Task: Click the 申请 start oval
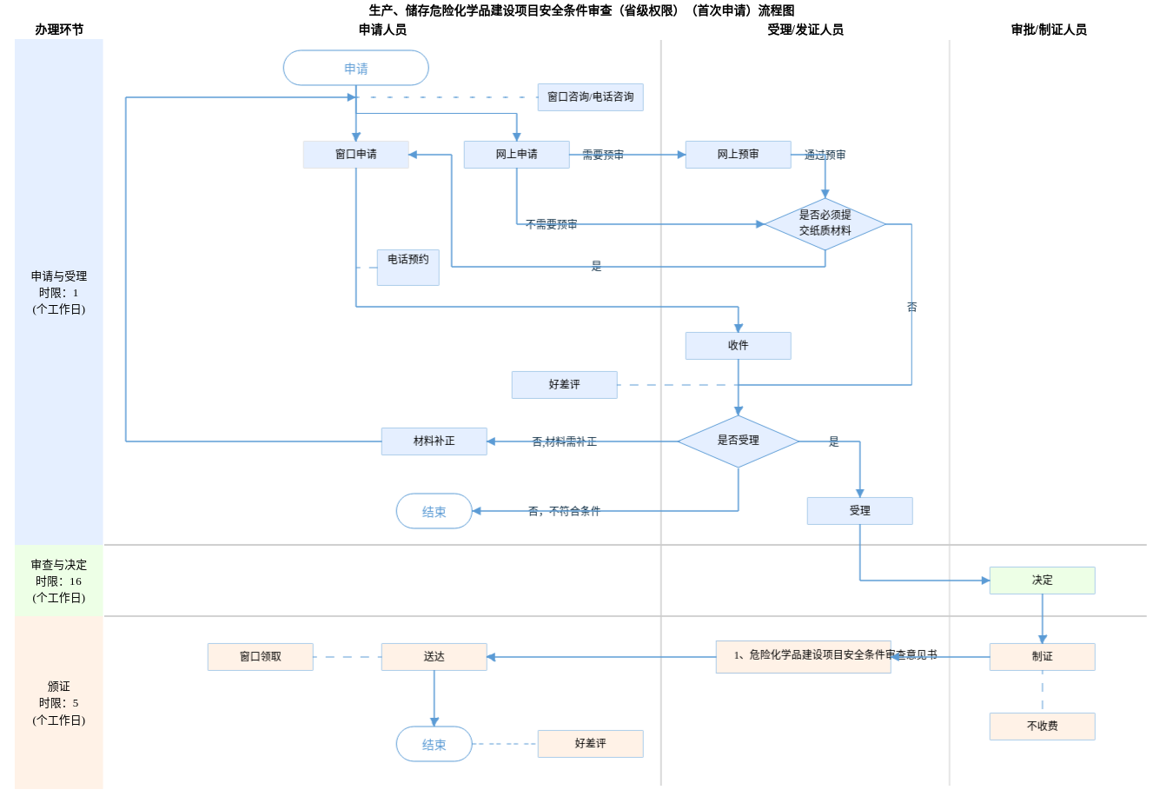(x=355, y=68)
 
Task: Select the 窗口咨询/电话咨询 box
(x=590, y=97)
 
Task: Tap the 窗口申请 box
(x=355, y=155)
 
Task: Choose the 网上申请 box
(x=516, y=155)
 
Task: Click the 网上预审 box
(x=738, y=155)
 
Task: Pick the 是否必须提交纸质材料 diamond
(x=825, y=223)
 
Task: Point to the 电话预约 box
(x=408, y=267)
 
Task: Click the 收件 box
(x=738, y=346)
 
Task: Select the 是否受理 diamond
(x=738, y=441)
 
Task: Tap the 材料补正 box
(x=434, y=441)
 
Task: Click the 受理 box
(x=859, y=511)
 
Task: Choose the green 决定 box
(x=1042, y=581)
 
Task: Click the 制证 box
(x=1042, y=657)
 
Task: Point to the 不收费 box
(x=1042, y=727)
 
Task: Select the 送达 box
(x=434, y=657)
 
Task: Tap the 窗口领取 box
(x=260, y=657)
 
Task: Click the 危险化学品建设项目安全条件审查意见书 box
(x=803, y=657)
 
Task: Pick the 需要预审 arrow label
(x=603, y=155)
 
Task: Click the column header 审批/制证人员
(x=1048, y=30)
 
